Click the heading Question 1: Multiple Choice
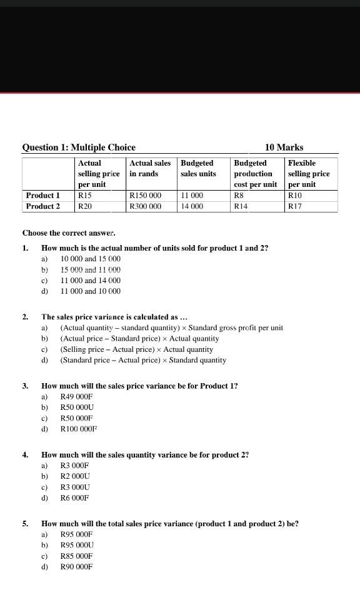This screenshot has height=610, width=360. click(79, 147)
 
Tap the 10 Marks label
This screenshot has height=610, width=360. click(284, 147)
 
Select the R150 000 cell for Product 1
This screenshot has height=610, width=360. click(145, 196)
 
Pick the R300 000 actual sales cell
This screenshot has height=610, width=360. click(145, 206)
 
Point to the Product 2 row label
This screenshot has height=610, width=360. click(43, 206)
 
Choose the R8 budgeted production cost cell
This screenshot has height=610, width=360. click(238, 196)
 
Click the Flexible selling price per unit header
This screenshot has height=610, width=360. click(309, 174)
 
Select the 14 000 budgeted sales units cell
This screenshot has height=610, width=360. click(192, 206)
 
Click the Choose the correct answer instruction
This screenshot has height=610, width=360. click(69, 233)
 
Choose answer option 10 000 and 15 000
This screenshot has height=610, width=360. click(91, 259)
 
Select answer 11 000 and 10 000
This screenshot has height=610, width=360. click(91, 291)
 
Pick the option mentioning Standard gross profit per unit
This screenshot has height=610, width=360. click(171, 327)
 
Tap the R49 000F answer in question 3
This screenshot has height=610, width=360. click(76, 397)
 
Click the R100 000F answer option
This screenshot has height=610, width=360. click(79, 429)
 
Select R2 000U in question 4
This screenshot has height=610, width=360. click(76, 476)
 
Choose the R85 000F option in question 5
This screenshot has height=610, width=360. click(76, 556)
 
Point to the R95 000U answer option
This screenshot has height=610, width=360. click(77, 545)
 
